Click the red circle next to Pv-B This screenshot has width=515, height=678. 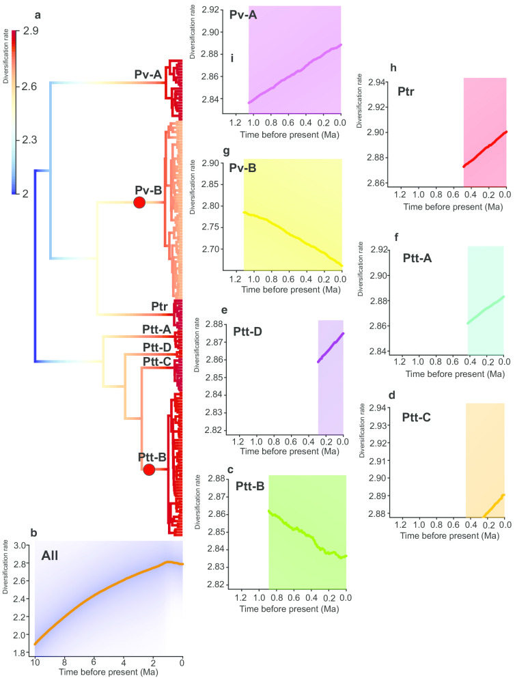(139, 203)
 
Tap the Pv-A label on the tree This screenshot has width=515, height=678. (148, 74)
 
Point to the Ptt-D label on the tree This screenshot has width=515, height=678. (156, 347)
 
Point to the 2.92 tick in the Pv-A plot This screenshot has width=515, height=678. (214, 10)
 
